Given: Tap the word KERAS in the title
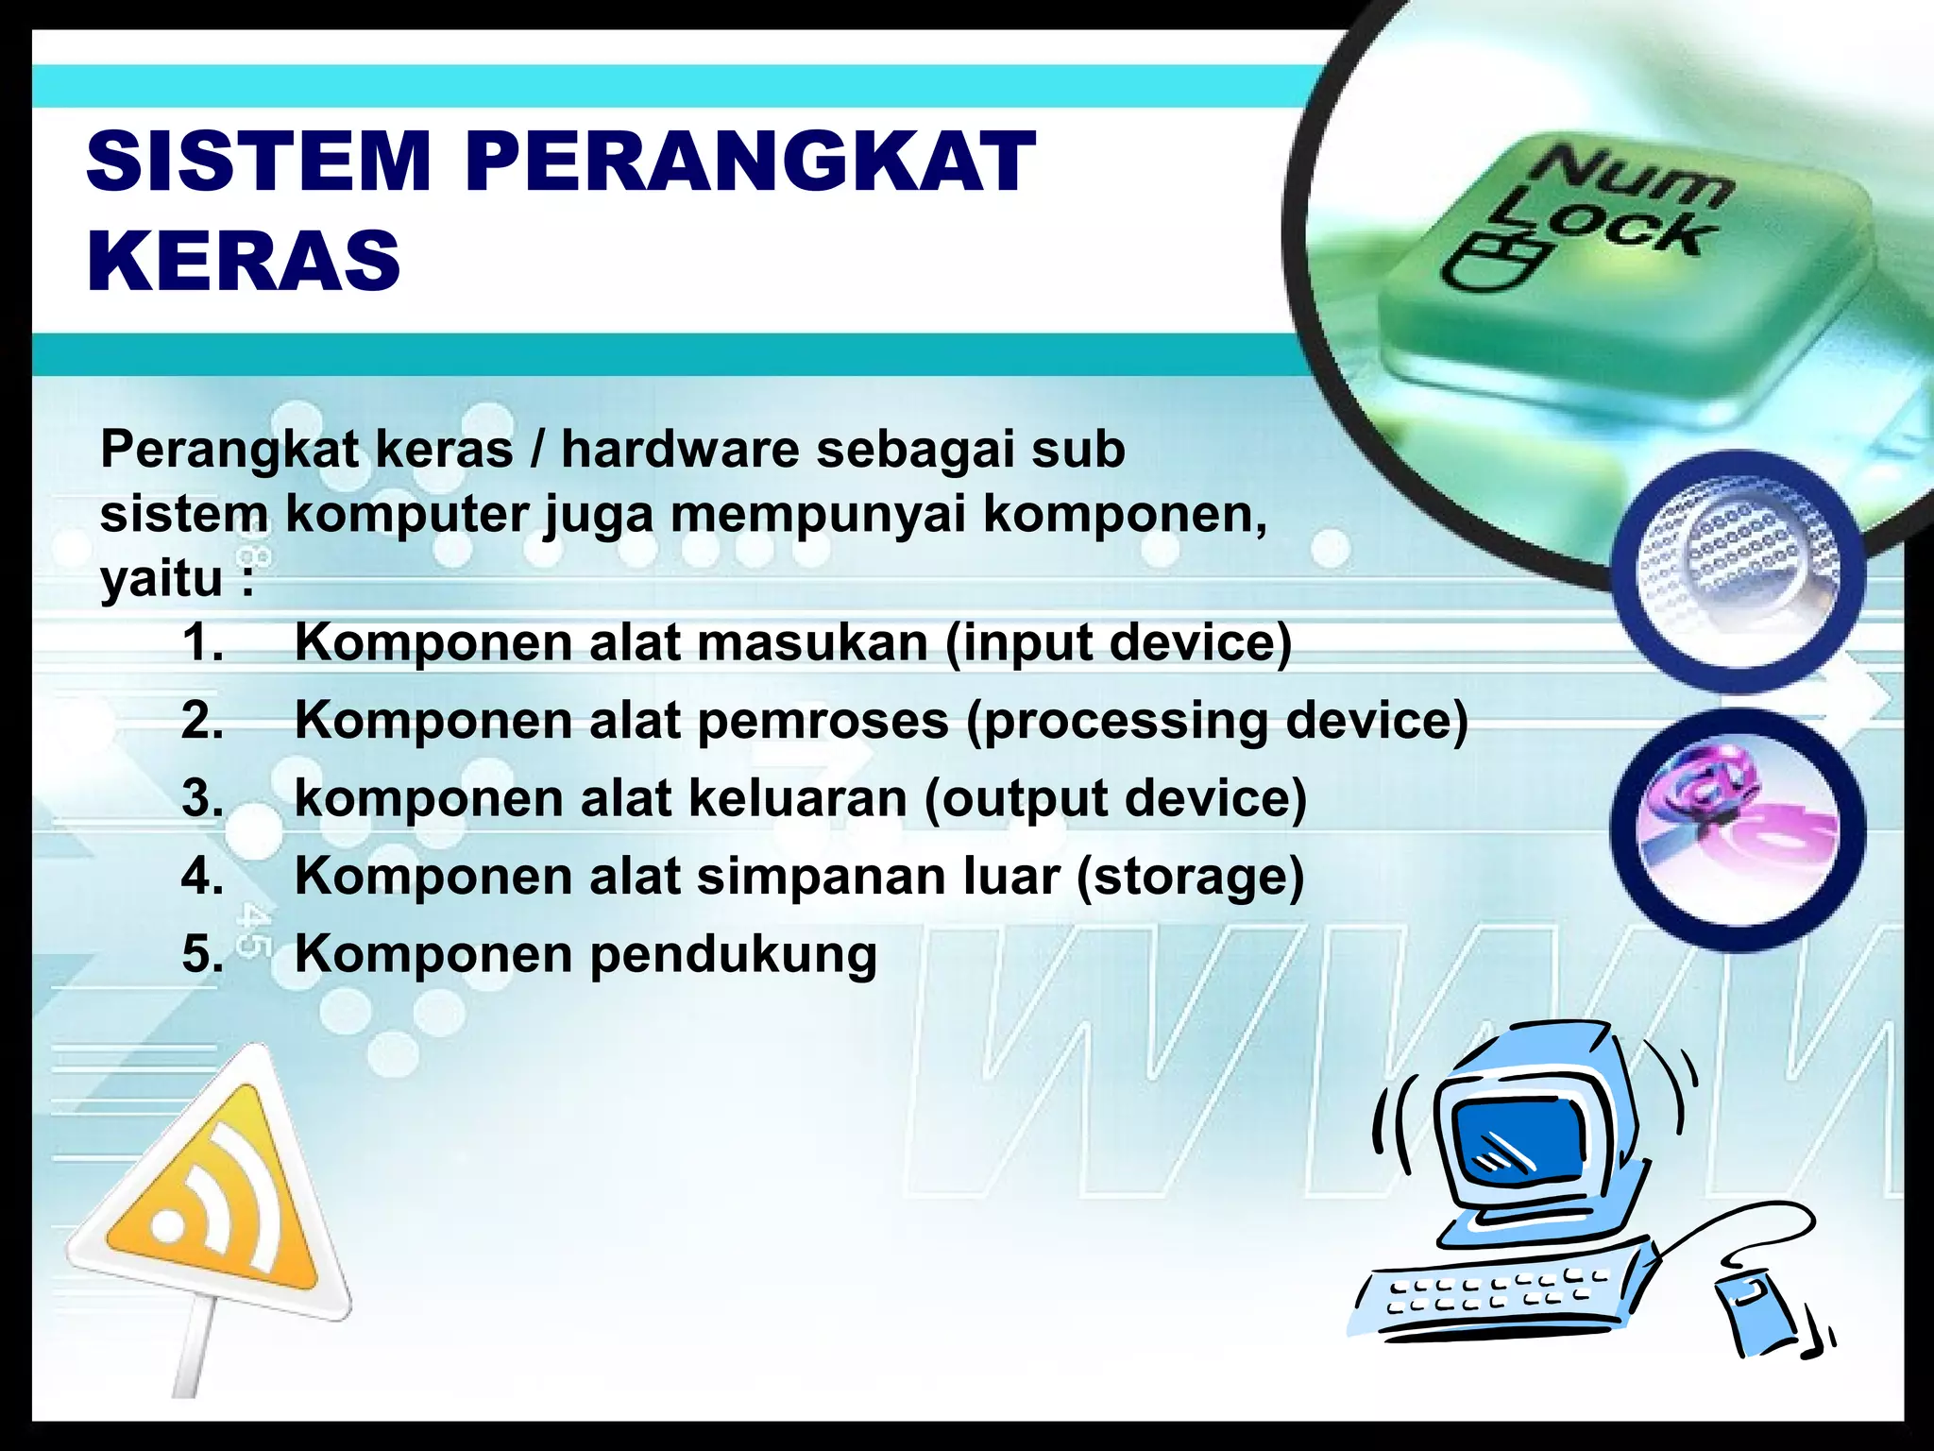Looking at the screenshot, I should (x=244, y=261).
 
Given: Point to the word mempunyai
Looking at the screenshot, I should (x=818, y=514).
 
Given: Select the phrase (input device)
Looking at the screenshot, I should (x=1118, y=642).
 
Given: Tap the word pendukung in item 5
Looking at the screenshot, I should (x=734, y=954).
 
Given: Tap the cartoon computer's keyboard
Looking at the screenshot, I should (x=1501, y=1294).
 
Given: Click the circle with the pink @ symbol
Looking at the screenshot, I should (x=1738, y=827).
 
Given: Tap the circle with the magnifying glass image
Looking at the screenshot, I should (x=1738, y=572).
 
